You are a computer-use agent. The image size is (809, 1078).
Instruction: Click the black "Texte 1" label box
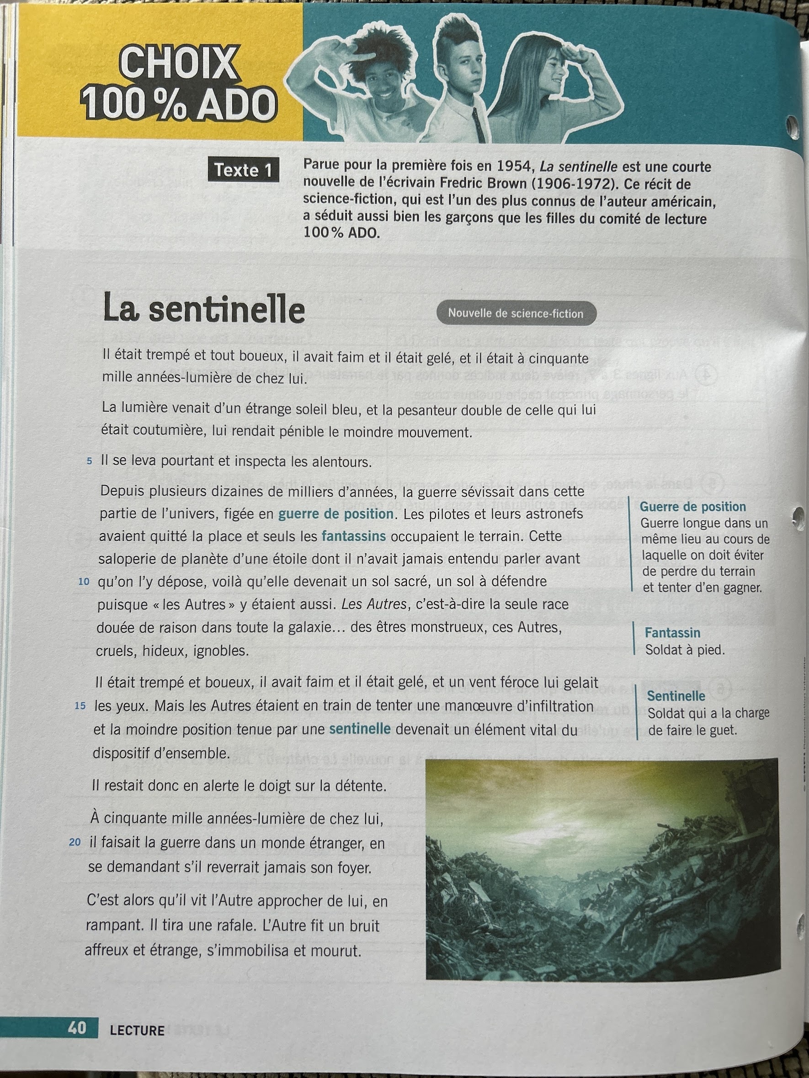point(243,170)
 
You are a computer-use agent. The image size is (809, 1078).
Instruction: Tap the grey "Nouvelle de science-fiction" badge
point(516,313)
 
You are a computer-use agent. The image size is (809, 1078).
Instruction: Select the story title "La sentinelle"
point(204,308)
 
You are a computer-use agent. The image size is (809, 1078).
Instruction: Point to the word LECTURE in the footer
point(137,1030)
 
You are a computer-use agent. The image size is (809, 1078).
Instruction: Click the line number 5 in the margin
point(89,461)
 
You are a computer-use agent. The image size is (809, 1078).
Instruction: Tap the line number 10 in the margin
point(84,581)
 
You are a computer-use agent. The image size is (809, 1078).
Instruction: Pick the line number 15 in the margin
point(80,706)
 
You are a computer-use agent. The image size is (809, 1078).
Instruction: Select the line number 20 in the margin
point(75,842)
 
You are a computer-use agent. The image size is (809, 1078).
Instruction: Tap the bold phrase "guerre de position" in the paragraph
point(335,514)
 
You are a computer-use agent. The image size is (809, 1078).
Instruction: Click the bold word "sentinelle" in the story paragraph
point(360,729)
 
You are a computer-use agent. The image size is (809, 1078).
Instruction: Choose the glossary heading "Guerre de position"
point(692,507)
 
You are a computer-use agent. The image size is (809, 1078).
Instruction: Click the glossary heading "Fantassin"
point(672,633)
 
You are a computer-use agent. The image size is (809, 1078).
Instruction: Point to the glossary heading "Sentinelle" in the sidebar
point(676,696)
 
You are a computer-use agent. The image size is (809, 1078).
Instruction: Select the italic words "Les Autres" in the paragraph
point(373,604)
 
